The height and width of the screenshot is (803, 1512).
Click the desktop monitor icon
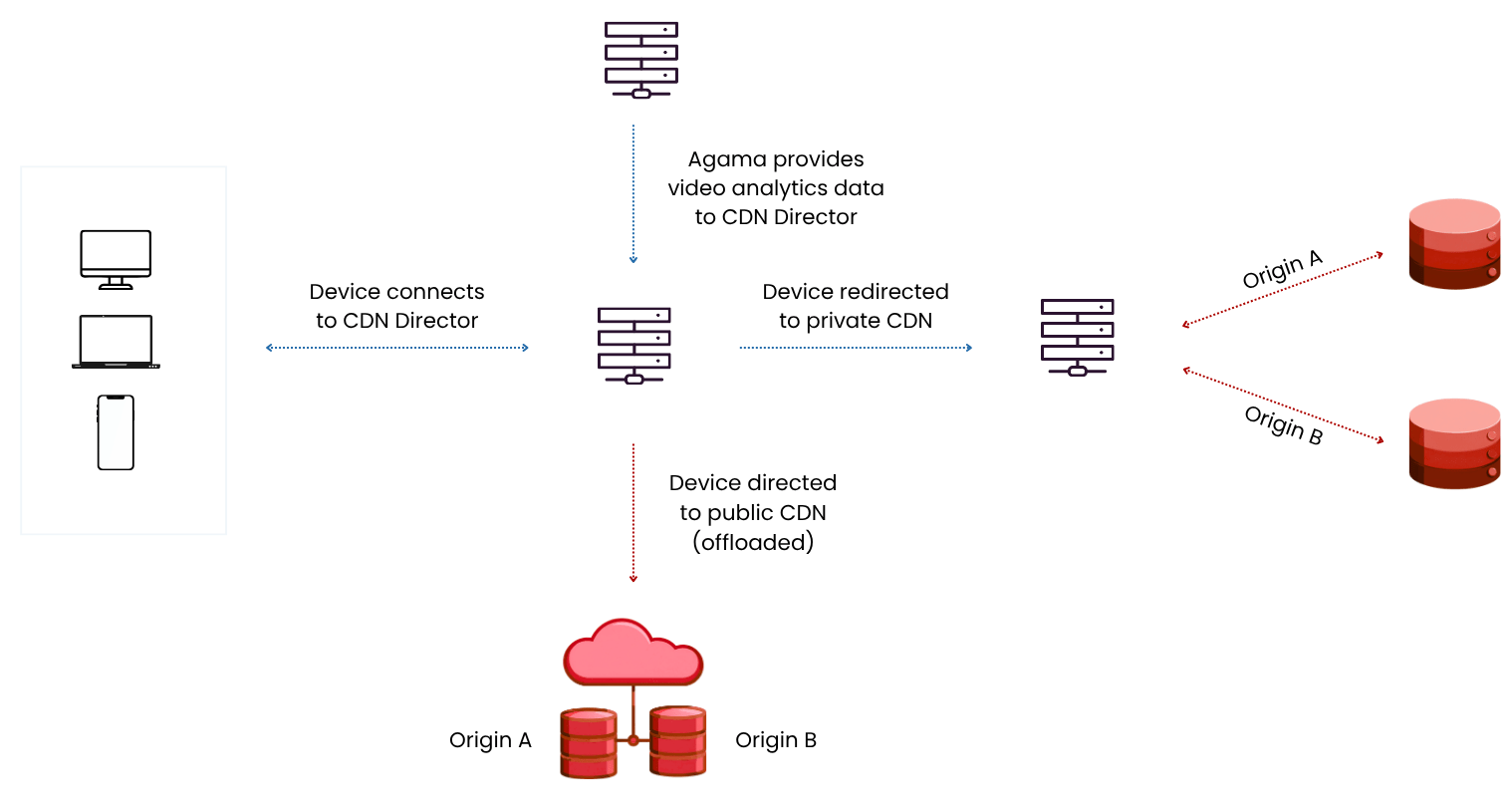pyautogui.click(x=116, y=259)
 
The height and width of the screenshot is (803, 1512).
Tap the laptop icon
pyautogui.click(x=116, y=342)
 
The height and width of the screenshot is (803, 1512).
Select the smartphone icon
pyautogui.click(x=116, y=432)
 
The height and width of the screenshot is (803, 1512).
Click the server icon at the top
pyautogui.click(x=640, y=60)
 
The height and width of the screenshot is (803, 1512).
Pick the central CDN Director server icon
pyautogui.click(x=633, y=346)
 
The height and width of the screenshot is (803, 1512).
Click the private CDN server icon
pyautogui.click(x=1078, y=338)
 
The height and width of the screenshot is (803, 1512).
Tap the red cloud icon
pyautogui.click(x=633, y=653)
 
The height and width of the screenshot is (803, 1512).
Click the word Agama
pyautogui.click(x=727, y=160)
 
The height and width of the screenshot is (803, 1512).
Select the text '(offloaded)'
pyautogui.click(x=753, y=542)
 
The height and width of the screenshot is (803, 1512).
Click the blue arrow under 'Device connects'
pyautogui.click(x=396, y=348)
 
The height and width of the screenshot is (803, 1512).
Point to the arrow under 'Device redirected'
pyautogui.click(x=856, y=348)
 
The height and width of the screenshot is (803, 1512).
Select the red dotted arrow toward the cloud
pyautogui.click(x=633, y=513)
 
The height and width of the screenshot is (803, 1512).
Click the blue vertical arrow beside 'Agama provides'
pyautogui.click(x=633, y=194)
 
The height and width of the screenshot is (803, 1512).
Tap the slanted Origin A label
pyautogui.click(x=1283, y=269)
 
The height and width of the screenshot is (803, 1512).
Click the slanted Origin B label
pyautogui.click(x=1283, y=425)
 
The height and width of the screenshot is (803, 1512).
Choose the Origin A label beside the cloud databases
pyautogui.click(x=490, y=740)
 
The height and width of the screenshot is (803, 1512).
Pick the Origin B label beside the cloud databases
pyautogui.click(x=776, y=740)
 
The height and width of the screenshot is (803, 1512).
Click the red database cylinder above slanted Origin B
pyautogui.click(x=1454, y=244)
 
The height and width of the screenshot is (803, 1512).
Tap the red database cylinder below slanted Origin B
pyautogui.click(x=1454, y=443)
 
